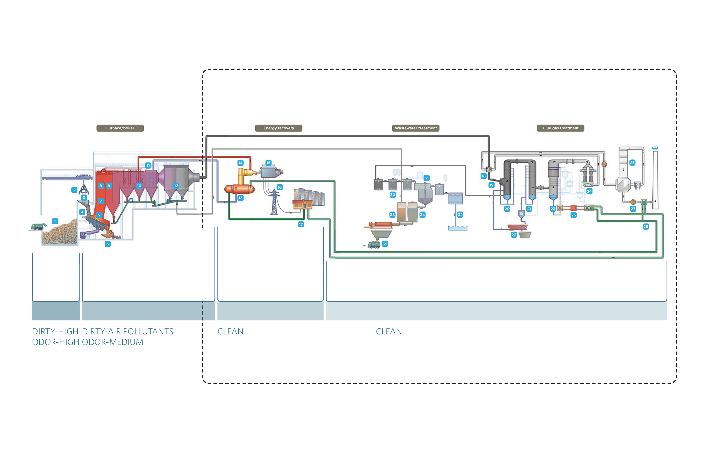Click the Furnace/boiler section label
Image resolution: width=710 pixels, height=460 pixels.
pos(120,128)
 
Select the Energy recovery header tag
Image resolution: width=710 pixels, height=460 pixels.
pos(279,128)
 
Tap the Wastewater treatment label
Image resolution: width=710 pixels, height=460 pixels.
pos(415,128)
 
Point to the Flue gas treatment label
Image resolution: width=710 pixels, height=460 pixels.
pos(560,128)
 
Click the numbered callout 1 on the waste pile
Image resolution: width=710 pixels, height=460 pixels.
pos(55,221)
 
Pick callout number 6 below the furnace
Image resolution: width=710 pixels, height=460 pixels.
pos(108,244)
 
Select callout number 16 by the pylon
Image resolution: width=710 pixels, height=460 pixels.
pos(280,187)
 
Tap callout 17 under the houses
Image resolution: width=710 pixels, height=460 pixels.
pos(301,224)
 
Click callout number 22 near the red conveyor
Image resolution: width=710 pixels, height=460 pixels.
pos(514,235)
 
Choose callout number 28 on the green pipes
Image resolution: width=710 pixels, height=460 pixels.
pos(646,227)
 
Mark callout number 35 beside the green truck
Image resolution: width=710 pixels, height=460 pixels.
pos(385,244)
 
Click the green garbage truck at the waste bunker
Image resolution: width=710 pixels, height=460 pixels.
pos(38,227)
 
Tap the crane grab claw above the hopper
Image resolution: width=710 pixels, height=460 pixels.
pos(84,189)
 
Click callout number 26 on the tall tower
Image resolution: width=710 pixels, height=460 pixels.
pos(632,163)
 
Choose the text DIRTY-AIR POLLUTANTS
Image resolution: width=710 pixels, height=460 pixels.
pos(128,331)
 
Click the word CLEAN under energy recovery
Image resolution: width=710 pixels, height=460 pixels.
pos(230,331)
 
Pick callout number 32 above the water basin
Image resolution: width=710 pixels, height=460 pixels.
pos(460,215)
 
